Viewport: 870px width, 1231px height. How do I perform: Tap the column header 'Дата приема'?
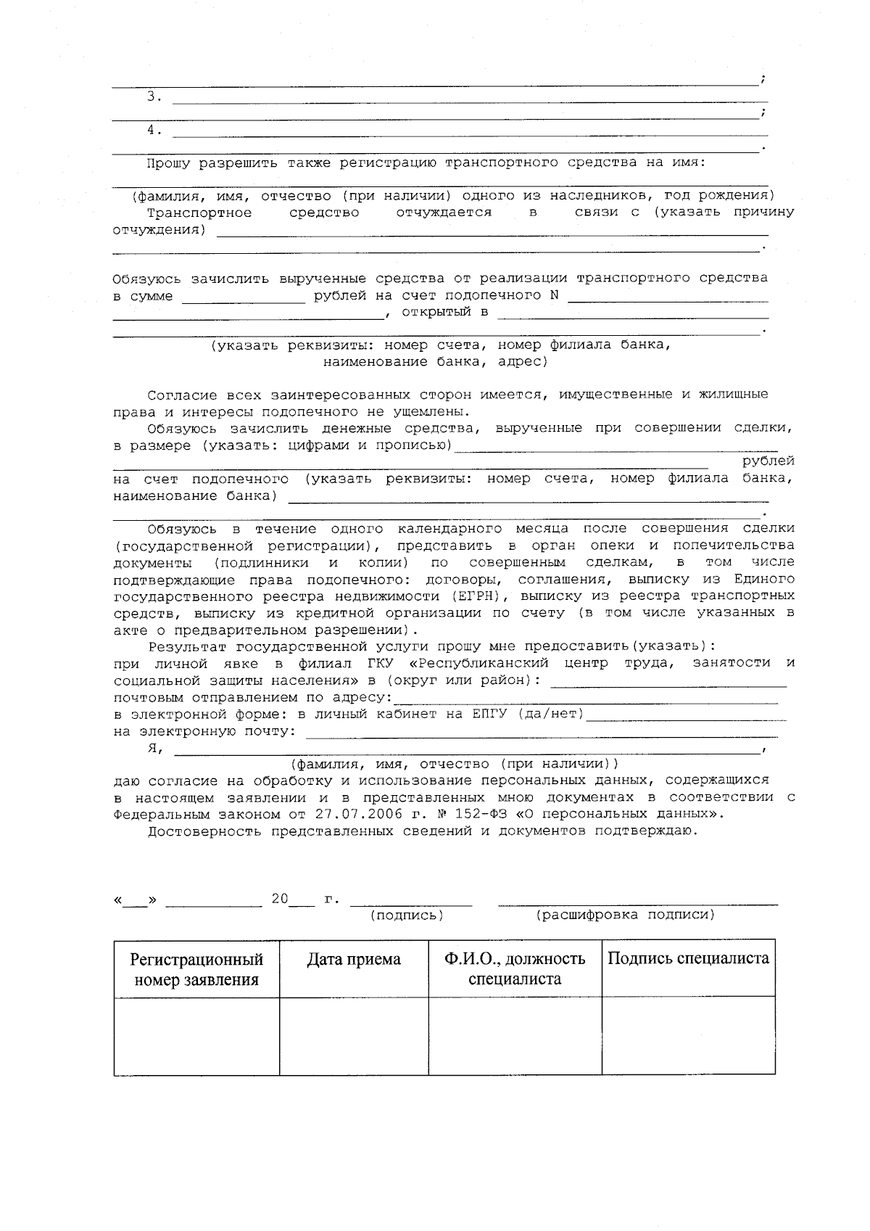coord(354,959)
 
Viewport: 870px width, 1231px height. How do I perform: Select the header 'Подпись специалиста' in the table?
coord(688,958)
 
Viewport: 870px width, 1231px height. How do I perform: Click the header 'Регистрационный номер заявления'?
coord(196,970)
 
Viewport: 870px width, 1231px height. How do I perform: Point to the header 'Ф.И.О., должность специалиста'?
coord(515,969)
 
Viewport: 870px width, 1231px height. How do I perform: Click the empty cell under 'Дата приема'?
coord(354,1035)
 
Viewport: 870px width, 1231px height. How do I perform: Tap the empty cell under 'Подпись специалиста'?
coord(688,1035)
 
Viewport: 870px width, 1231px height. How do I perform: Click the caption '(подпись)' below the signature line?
coord(407,915)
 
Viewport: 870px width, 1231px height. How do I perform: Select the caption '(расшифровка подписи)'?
coord(625,915)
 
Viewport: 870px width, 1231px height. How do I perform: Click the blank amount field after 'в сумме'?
coord(243,297)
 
